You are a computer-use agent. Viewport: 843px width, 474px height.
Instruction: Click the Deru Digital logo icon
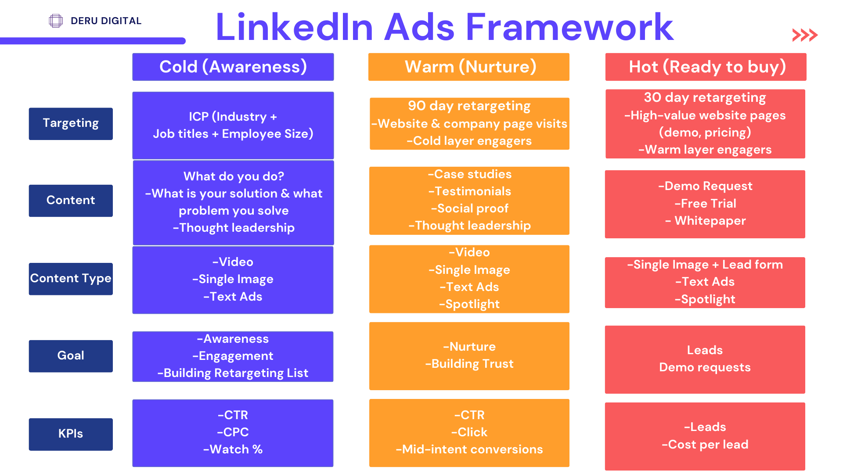[56, 21]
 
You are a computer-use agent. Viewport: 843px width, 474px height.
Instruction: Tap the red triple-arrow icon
[805, 35]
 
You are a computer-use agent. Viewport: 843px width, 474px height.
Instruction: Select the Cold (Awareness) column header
[233, 67]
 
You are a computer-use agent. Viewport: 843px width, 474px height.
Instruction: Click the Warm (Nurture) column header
[469, 67]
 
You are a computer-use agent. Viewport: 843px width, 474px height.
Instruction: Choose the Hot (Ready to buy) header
[706, 67]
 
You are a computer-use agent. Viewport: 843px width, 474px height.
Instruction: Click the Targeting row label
[71, 124]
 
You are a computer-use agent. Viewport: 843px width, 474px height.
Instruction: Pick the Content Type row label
[71, 279]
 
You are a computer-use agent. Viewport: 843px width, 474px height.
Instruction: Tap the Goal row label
[71, 356]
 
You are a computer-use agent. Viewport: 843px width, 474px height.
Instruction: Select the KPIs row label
[71, 434]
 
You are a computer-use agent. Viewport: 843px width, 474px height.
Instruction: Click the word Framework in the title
[569, 27]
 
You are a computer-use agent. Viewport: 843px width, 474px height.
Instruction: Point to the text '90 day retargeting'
[469, 106]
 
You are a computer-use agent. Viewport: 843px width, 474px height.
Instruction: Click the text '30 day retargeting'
[705, 97]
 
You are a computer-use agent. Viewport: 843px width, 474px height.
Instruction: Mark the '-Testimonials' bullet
[470, 191]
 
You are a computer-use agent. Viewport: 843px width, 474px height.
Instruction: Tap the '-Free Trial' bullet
[705, 204]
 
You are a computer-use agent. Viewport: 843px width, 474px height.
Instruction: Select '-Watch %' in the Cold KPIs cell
[233, 449]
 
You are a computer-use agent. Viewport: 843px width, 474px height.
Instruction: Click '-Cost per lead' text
[705, 445]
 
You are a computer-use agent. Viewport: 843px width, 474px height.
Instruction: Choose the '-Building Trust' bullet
[469, 364]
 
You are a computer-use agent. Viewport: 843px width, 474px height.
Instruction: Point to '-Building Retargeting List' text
[233, 373]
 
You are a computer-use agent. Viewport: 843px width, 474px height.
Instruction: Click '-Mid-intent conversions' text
[469, 449]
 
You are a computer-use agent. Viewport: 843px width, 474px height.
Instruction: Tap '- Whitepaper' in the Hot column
[705, 221]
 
